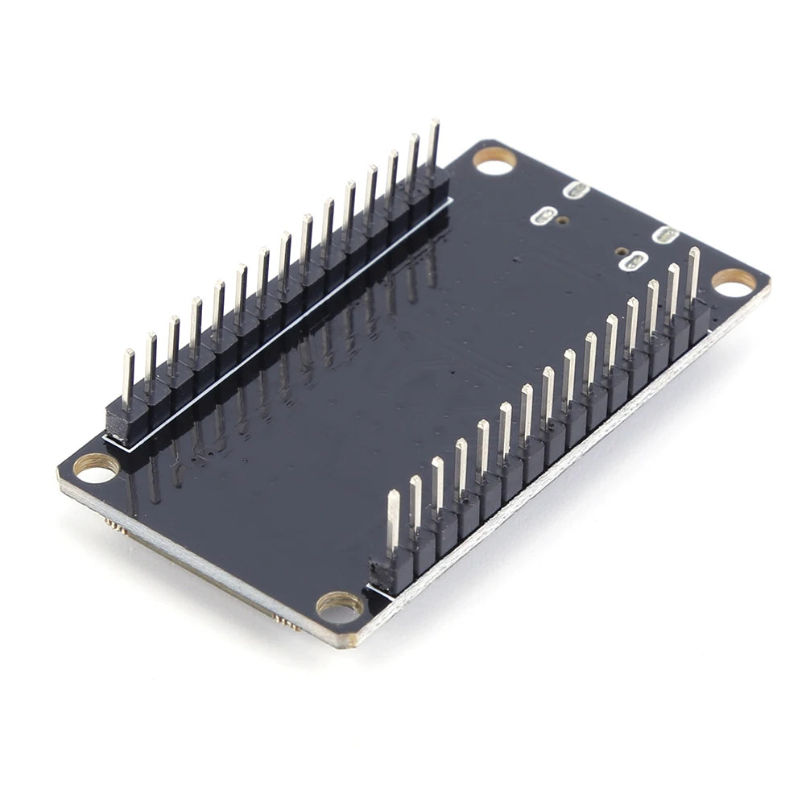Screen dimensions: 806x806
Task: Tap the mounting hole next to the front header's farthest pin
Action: point(734,281)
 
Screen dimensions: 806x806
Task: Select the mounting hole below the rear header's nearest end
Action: point(96,468)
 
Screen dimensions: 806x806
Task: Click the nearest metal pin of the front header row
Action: point(393,523)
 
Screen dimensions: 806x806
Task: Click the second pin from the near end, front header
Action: point(415,504)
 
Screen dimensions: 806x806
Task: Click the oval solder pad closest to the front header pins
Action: point(636,260)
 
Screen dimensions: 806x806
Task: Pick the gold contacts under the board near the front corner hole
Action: point(286,621)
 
